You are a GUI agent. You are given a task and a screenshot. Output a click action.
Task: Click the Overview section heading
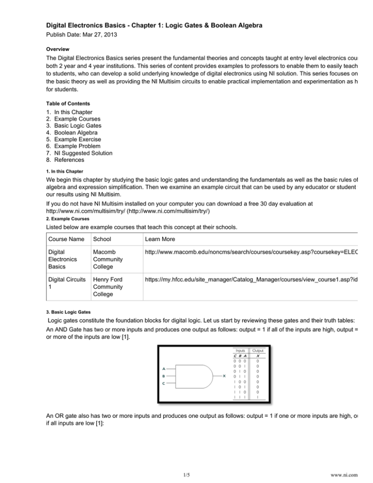pos(57,50)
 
